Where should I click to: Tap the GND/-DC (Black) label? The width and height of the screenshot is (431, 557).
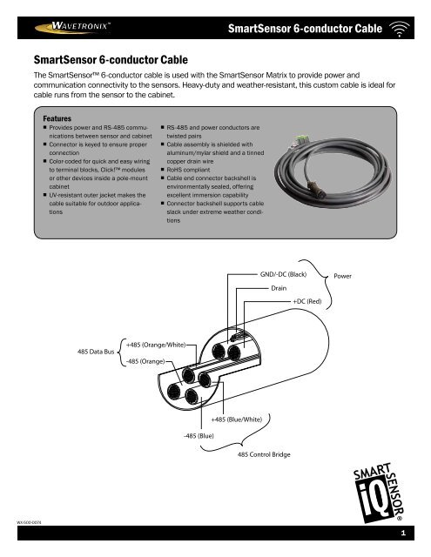click(x=283, y=272)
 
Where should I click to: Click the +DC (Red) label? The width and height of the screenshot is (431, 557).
click(x=307, y=301)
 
